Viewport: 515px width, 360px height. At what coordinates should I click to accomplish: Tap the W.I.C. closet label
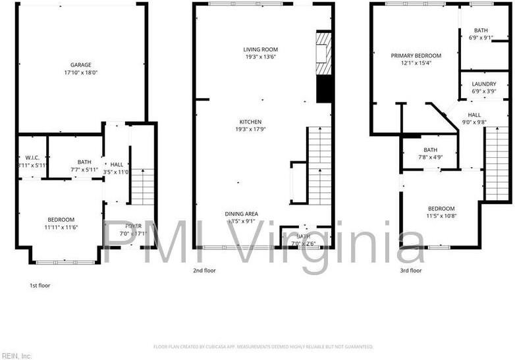(32, 161)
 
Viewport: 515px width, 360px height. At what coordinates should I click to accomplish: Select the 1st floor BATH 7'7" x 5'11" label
(84, 166)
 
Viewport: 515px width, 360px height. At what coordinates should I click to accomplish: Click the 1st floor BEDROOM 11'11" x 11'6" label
(61, 223)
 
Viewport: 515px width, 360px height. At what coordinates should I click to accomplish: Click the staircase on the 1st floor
(142, 186)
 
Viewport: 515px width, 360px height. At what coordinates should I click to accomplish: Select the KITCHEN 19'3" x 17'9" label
(250, 126)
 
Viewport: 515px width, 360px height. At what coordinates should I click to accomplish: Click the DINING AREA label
(241, 218)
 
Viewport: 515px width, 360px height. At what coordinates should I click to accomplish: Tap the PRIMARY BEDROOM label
(416, 60)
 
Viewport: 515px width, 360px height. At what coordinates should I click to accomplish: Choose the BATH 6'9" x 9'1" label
(480, 34)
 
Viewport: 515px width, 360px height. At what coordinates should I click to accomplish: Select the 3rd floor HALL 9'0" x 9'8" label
(474, 118)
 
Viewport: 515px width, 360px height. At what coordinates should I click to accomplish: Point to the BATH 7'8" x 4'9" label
(430, 153)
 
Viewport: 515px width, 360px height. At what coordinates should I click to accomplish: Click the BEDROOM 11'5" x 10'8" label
(441, 212)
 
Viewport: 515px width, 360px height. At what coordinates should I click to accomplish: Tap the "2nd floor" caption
(203, 270)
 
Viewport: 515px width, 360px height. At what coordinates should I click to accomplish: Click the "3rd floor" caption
(410, 270)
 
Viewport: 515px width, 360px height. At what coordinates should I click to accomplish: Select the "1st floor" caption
(39, 286)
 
